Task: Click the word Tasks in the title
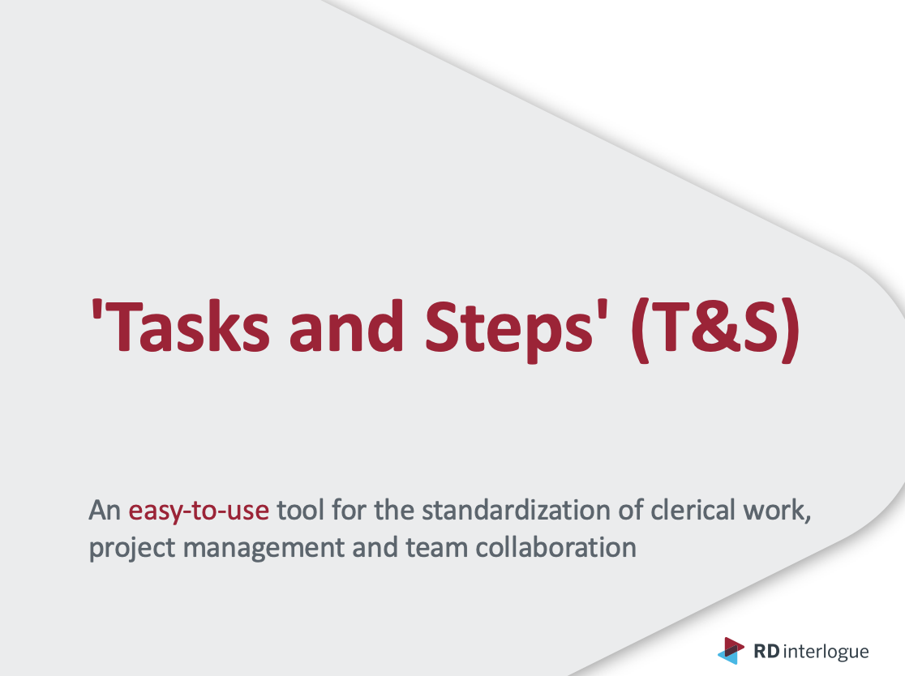pyautogui.click(x=186, y=327)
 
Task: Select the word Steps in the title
pyautogui.click(x=509, y=331)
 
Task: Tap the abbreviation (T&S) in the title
pyautogui.click(x=716, y=331)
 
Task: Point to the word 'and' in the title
pyautogui.click(x=346, y=326)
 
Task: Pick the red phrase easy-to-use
pyautogui.click(x=199, y=511)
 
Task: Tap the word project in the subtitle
pyautogui.click(x=132, y=549)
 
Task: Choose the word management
pyautogui.click(x=264, y=549)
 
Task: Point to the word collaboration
pyautogui.click(x=555, y=547)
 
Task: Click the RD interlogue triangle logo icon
pyautogui.click(x=731, y=651)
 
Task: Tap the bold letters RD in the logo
pyautogui.click(x=767, y=651)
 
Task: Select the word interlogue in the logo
pyautogui.click(x=826, y=652)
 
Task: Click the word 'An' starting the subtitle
pyautogui.click(x=105, y=511)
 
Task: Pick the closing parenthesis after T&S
pyautogui.click(x=791, y=331)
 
